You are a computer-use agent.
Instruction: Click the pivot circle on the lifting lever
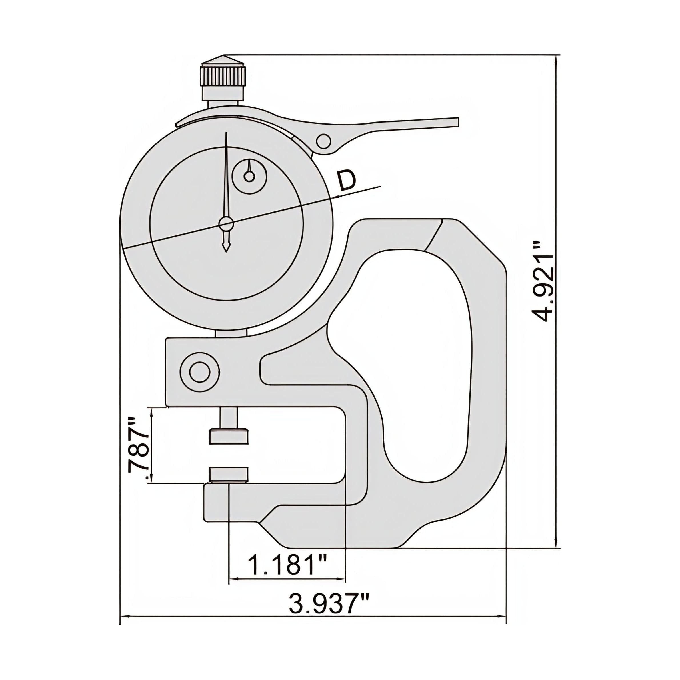pos(323,141)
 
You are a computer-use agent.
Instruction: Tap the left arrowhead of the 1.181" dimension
pos(232,579)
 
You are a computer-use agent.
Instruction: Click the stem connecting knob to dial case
pos(223,104)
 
